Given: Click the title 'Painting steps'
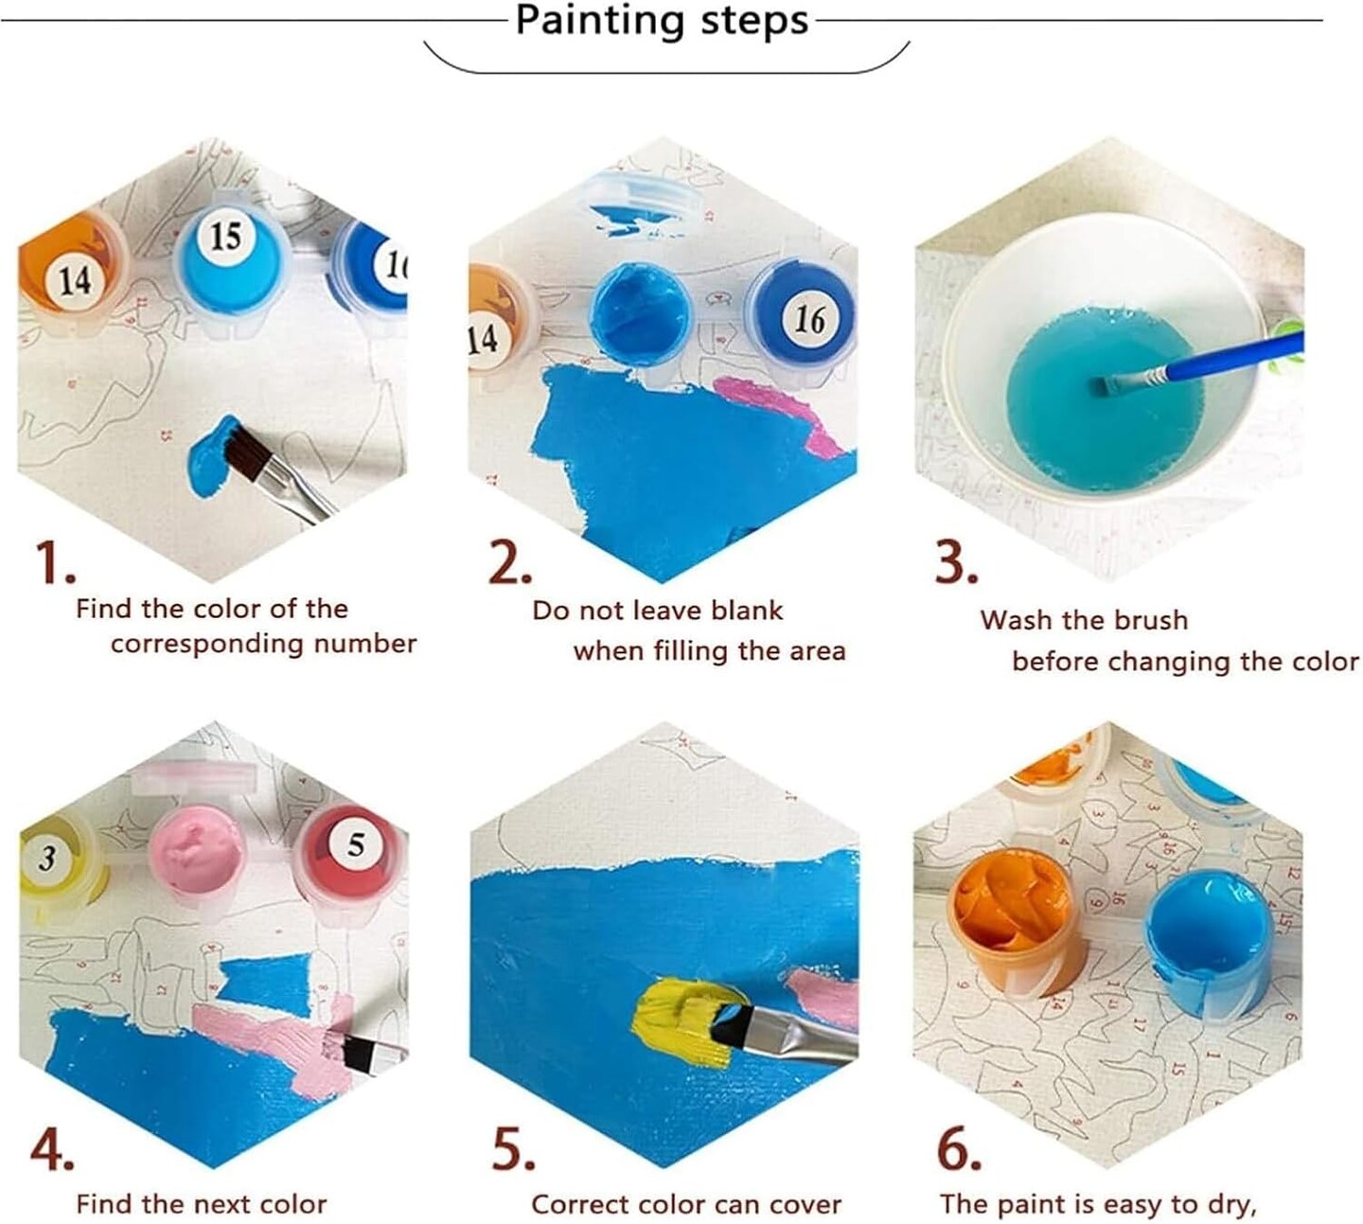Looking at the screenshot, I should (x=662, y=21).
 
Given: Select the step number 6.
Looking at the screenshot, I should (x=958, y=1149).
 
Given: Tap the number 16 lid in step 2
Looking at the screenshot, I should (x=802, y=316).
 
